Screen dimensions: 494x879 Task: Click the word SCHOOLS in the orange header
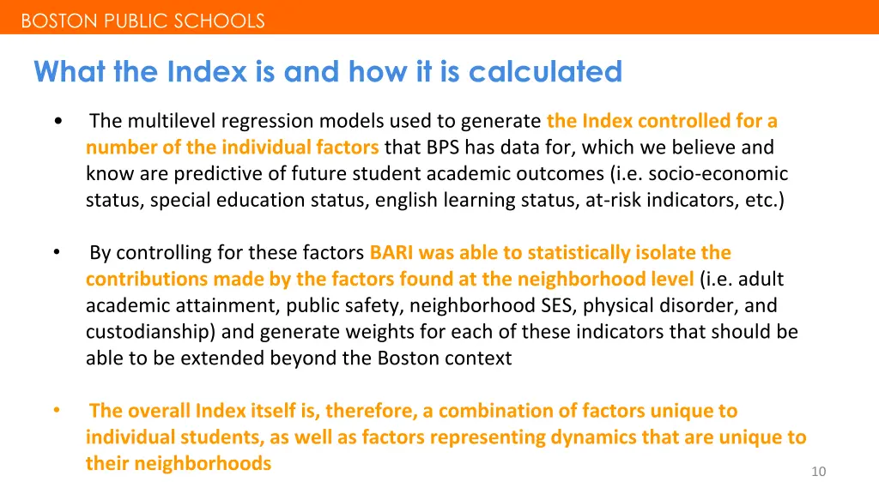coord(220,21)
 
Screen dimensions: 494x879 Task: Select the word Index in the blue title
coord(207,71)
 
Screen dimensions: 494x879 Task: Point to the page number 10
coord(818,472)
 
